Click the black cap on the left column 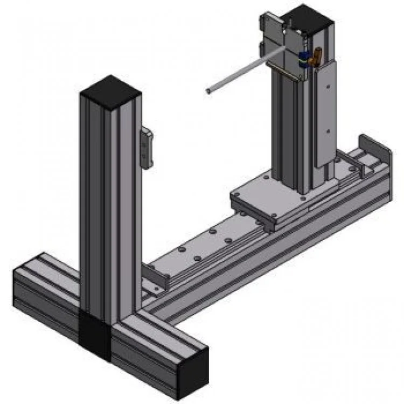tap(110, 89)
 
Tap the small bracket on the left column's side tap(146, 147)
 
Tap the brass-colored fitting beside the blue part tap(317, 54)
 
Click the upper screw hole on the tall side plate tap(326, 85)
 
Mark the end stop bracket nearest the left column tap(155, 276)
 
